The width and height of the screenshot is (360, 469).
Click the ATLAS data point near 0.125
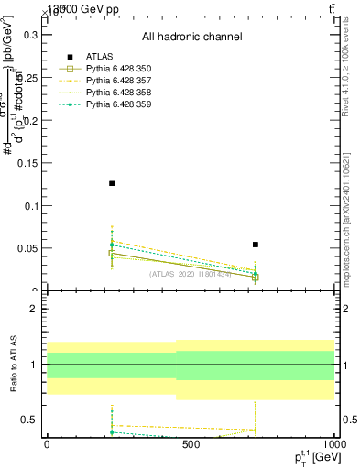(x=112, y=183)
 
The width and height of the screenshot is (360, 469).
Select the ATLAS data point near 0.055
(x=256, y=245)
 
